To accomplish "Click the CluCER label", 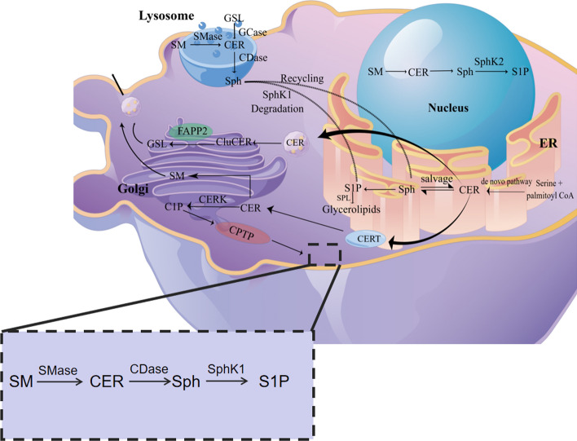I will click(236, 143).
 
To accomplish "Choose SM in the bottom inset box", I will click(27, 380).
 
